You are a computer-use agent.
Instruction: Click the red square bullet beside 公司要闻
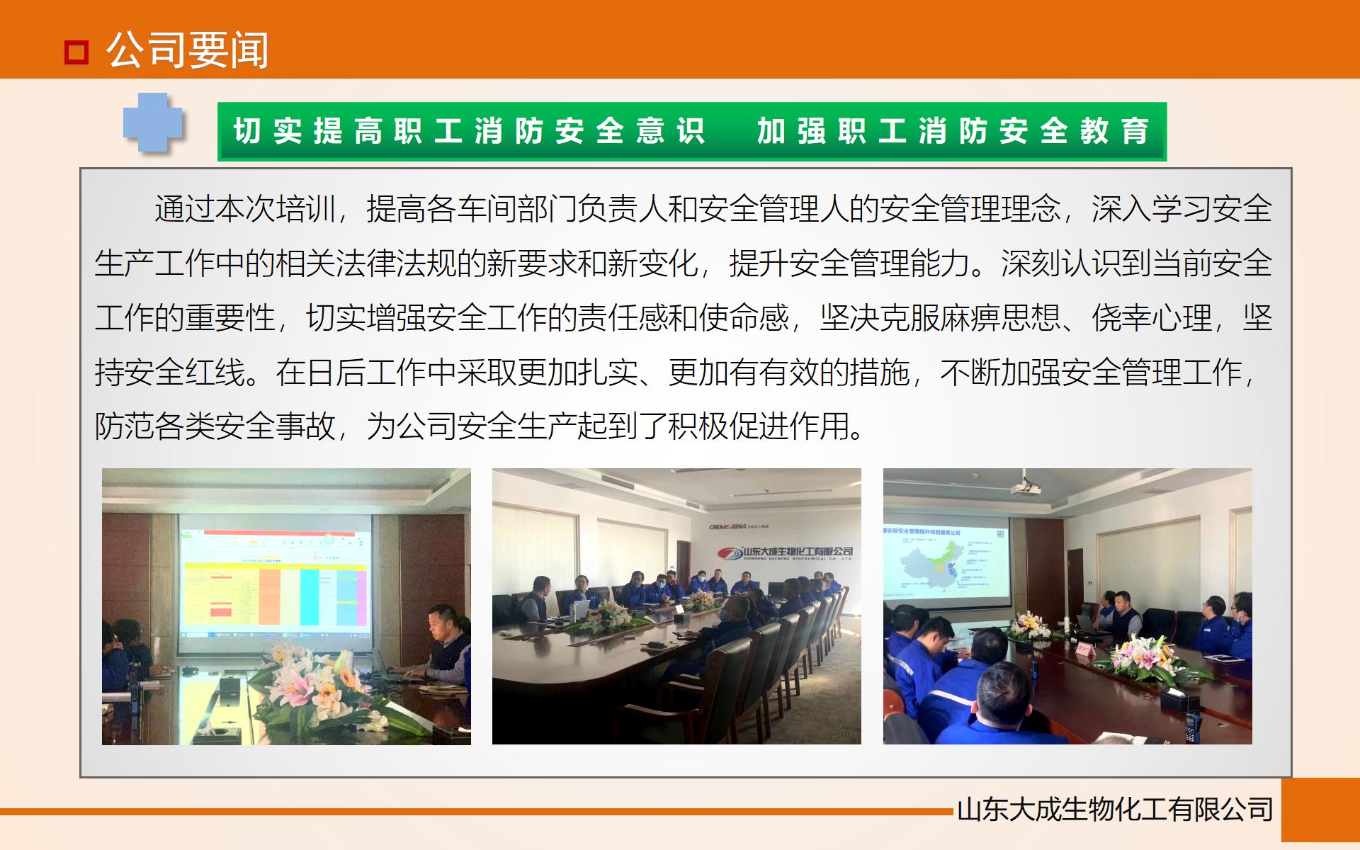tap(76, 52)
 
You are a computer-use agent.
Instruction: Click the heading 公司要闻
tap(188, 50)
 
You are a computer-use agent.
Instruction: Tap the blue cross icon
tap(152, 123)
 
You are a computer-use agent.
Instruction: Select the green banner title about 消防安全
tap(691, 132)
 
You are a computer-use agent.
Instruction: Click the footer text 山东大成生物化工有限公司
tap(1115, 810)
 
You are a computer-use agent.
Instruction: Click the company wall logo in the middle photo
tap(786, 552)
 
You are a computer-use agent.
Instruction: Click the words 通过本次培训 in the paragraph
tap(244, 209)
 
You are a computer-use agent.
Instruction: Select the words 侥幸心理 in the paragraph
tap(1152, 317)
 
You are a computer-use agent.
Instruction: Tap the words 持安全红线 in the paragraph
tap(170, 372)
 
